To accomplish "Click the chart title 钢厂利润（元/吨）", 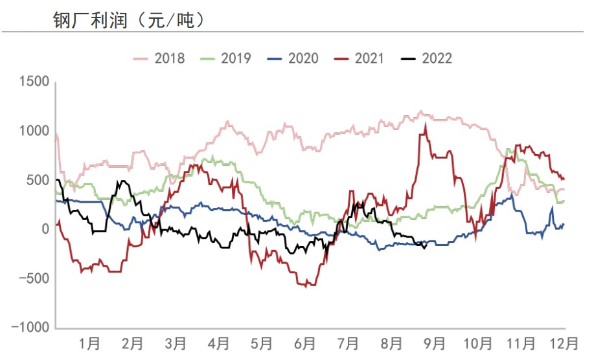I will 129,19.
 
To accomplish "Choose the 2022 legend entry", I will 427,58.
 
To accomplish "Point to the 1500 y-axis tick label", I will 34,82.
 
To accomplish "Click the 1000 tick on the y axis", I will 34,131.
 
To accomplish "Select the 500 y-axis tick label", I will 37,180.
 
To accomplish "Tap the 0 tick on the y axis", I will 44,229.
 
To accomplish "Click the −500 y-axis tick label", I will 32,278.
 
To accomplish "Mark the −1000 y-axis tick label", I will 29,328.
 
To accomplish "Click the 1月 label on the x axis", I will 89,341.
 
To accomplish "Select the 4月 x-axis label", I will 218,341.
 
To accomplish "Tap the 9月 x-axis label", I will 434,341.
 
